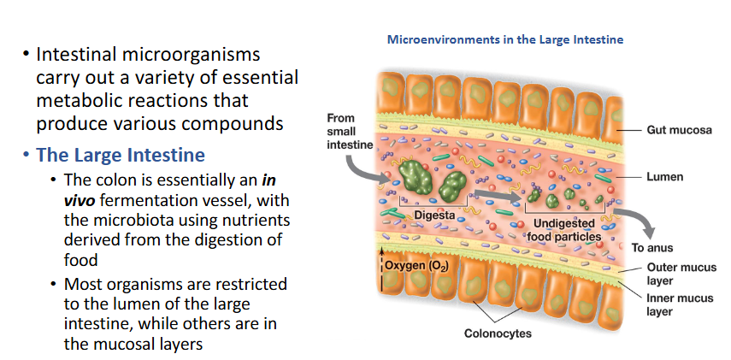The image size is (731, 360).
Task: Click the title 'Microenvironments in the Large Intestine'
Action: pos(505,39)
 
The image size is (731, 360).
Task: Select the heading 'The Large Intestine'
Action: pos(120,155)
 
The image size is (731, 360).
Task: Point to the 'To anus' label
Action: pos(651,248)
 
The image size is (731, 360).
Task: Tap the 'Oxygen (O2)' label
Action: pos(413,265)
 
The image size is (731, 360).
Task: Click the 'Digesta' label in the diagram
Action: pos(434,214)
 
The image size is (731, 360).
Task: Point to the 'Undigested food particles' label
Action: pos(561,230)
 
